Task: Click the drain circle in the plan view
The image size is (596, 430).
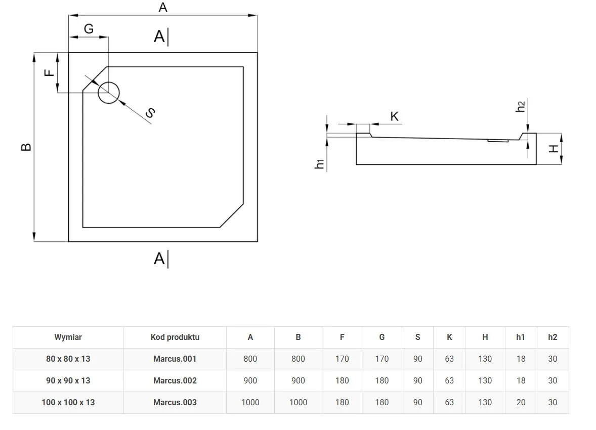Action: (x=108, y=93)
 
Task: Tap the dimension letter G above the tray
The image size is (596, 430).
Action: (x=89, y=29)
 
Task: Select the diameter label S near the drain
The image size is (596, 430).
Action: (x=150, y=113)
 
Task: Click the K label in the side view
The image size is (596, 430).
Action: (x=395, y=117)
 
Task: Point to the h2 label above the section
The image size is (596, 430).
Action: (x=521, y=107)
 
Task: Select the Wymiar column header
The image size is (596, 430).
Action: (x=68, y=337)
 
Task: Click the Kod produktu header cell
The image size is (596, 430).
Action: (x=175, y=337)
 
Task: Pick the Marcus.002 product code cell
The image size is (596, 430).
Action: (x=175, y=380)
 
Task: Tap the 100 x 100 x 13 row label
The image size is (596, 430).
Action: (x=68, y=402)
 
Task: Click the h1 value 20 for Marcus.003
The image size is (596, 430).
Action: (x=521, y=402)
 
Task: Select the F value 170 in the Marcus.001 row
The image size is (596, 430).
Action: (x=342, y=359)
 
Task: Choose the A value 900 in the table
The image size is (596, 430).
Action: (x=250, y=380)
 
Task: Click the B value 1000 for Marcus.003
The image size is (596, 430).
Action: (x=298, y=402)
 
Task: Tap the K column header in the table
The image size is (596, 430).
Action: (x=449, y=337)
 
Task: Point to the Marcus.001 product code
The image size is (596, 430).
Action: (x=175, y=359)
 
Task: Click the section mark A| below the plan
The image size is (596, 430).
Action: (x=161, y=259)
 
